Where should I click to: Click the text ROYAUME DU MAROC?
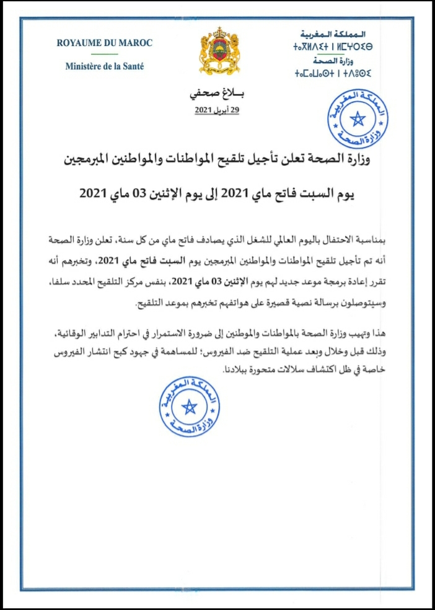(104, 43)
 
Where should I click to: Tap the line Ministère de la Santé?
(104, 66)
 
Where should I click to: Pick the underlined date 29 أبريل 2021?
(216, 110)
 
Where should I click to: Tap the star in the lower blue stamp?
(190, 406)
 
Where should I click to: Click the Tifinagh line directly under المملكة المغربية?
(333, 47)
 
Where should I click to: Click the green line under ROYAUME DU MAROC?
(104, 54)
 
